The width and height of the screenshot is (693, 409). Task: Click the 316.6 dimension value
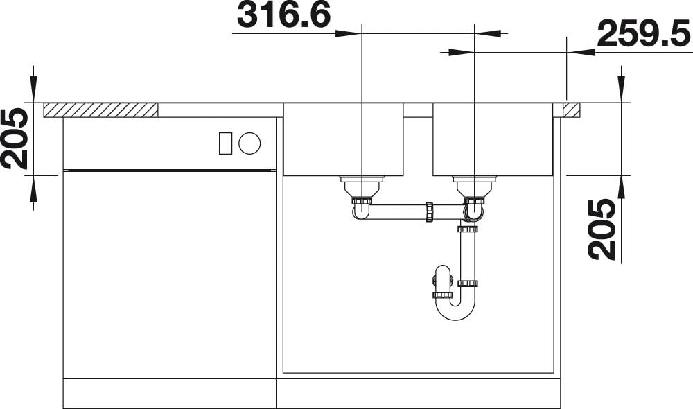pos(283,15)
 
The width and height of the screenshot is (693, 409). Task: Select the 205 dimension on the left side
pos(15,139)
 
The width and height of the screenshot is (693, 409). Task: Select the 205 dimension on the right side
pos(602,229)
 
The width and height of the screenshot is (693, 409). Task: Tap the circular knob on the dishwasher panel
pos(249,143)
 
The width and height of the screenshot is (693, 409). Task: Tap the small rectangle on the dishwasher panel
pos(226,143)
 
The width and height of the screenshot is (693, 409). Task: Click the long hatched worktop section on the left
pos(100,110)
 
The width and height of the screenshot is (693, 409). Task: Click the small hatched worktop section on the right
pos(571,110)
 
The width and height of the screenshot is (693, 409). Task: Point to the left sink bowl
pos(344,139)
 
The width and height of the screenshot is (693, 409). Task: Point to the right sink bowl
pos(493,139)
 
